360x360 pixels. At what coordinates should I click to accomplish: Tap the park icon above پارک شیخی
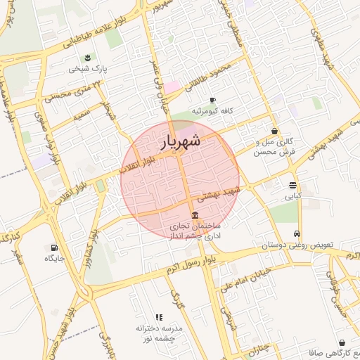86,58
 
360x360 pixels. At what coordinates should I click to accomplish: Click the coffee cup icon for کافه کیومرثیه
213,100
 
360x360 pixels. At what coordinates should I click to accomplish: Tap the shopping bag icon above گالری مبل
274,131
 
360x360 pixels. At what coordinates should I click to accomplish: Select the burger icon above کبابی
292,186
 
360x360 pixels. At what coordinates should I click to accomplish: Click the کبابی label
292,198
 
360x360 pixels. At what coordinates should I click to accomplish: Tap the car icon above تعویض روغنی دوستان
298,233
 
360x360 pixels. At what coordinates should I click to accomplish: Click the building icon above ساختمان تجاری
195,215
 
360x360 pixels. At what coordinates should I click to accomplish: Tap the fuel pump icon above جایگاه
54,247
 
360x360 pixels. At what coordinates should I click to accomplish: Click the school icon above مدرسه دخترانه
159,318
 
